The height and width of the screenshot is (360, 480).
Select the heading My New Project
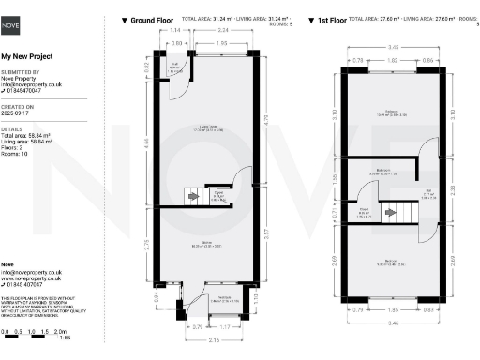(x=27, y=56)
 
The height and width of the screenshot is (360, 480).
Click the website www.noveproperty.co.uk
(x=31, y=278)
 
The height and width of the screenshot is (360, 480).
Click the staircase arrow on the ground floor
(x=194, y=196)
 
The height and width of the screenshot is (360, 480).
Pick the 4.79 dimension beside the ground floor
(x=266, y=119)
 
